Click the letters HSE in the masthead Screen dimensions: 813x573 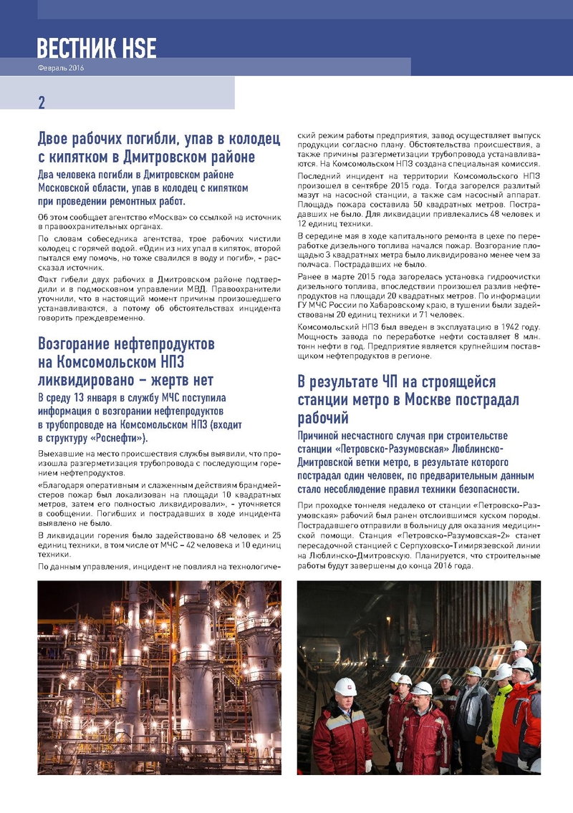(135, 47)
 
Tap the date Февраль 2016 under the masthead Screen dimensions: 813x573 (60, 68)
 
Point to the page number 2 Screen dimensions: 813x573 (42, 102)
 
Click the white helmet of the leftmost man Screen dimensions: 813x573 (345, 686)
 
